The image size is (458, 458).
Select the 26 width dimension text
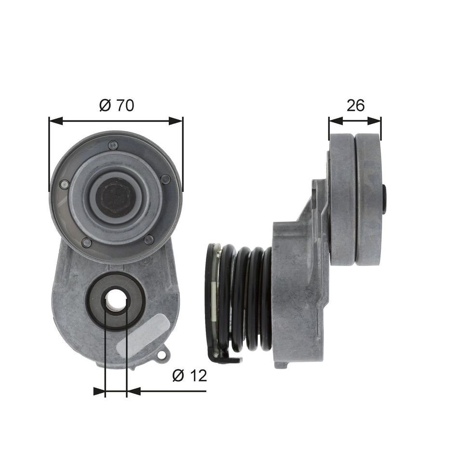(x=355, y=105)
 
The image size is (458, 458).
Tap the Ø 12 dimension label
(x=189, y=376)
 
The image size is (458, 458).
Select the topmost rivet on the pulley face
(x=113, y=145)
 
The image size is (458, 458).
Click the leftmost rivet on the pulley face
(x=64, y=184)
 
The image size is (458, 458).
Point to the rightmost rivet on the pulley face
(x=165, y=179)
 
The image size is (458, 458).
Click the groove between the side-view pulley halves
(x=355, y=200)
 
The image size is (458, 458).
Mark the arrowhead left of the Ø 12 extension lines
(x=99, y=391)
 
